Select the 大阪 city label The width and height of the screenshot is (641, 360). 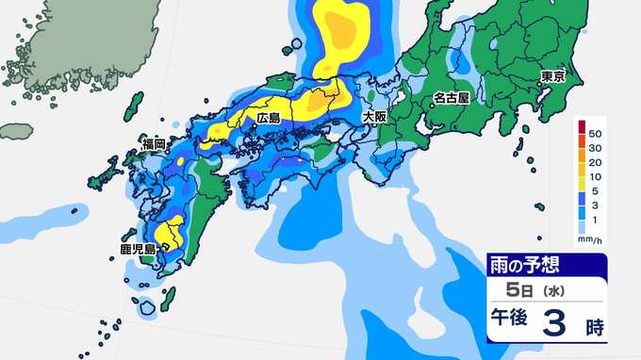(375, 117)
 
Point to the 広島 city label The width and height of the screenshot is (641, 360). (270, 120)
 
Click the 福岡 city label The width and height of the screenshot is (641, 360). (155, 144)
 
